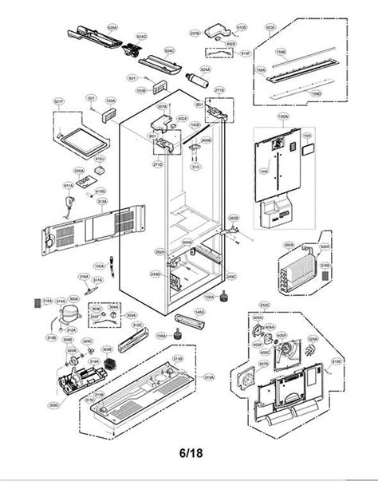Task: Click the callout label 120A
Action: [282, 116]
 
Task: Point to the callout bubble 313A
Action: [101, 202]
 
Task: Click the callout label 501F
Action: [58, 101]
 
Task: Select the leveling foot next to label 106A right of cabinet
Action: [224, 298]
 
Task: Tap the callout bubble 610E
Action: [337, 361]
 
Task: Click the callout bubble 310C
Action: [137, 325]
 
